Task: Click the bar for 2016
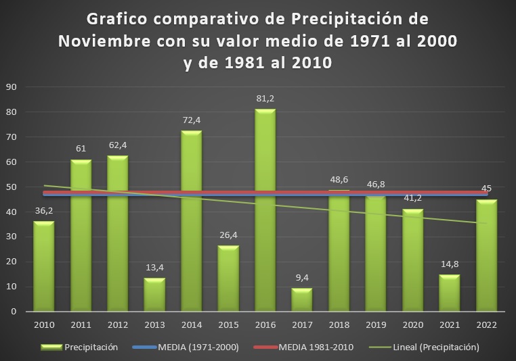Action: click(265, 210)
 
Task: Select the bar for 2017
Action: click(302, 299)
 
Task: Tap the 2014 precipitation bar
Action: click(191, 220)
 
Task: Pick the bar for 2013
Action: click(154, 295)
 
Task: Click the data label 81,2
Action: click(265, 99)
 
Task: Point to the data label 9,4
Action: click(302, 278)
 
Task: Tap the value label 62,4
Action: click(118, 145)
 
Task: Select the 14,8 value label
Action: click(449, 264)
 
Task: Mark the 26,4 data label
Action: click(228, 235)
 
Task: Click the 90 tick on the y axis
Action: click(12, 87)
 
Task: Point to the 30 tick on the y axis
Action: click(12, 237)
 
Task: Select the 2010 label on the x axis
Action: click(44, 324)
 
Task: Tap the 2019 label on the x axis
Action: click(375, 324)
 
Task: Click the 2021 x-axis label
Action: click(449, 324)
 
